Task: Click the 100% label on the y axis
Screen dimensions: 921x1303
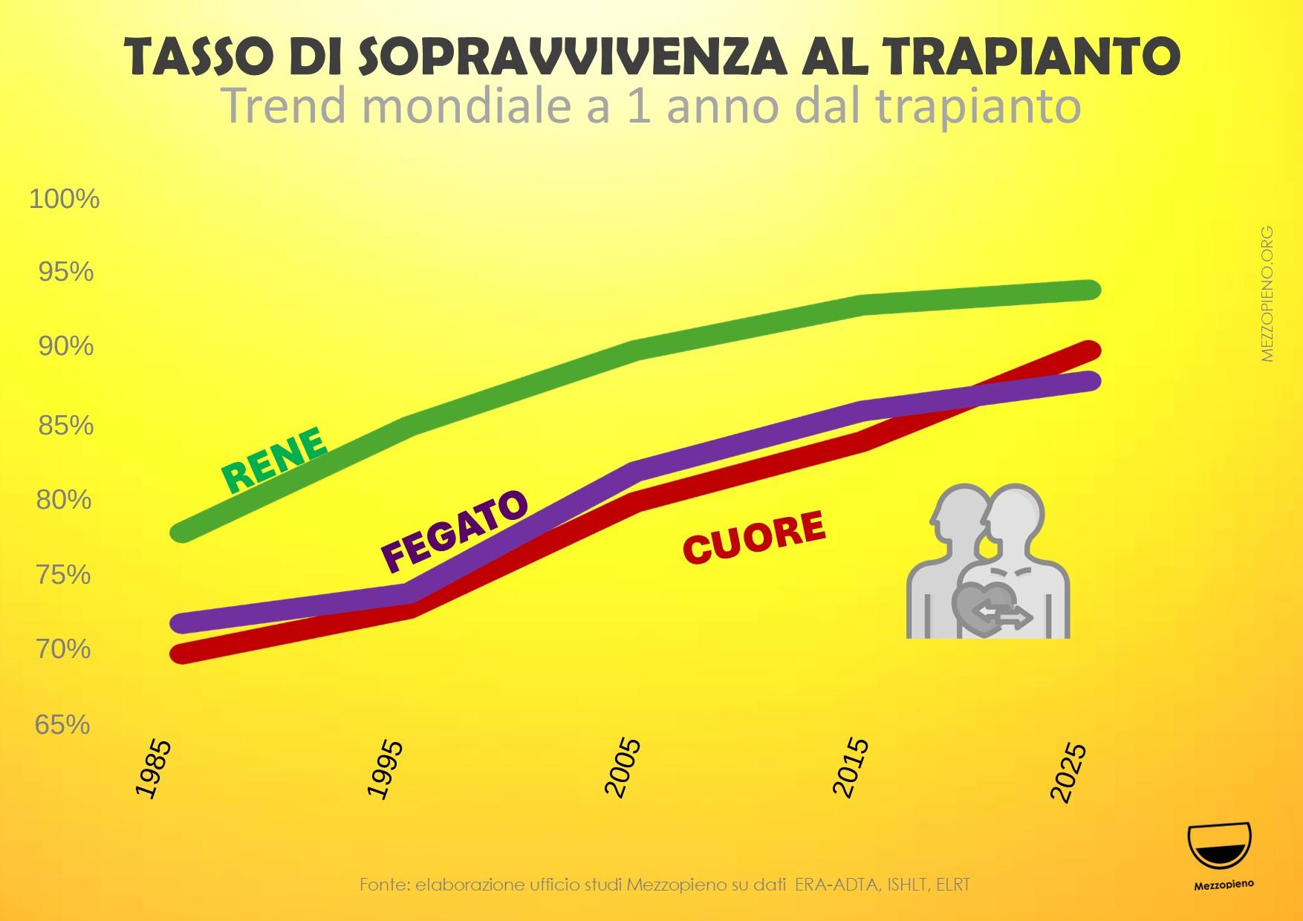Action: point(64,199)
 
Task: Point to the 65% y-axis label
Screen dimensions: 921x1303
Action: point(62,724)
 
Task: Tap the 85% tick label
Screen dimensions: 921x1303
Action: point(66,426)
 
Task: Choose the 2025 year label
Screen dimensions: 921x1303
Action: point(1070,772)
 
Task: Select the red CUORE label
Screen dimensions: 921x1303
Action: point(753,536)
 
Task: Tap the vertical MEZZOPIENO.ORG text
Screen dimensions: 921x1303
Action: point(1267,294)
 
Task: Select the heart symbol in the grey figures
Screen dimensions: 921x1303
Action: point(985,605)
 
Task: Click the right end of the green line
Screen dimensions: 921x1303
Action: point(1089,290)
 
